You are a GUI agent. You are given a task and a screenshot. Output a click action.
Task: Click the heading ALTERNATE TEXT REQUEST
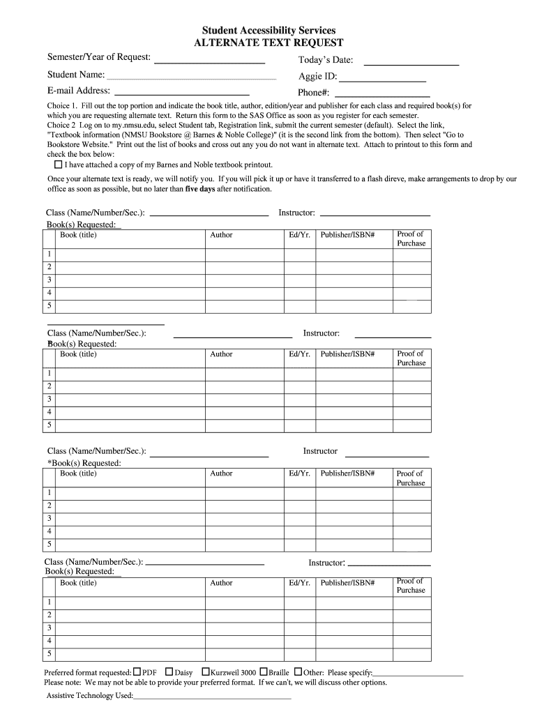coord(268,43)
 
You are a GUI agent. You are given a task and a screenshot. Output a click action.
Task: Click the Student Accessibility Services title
coord(268,31)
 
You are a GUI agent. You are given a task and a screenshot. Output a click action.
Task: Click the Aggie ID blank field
coord(381,79)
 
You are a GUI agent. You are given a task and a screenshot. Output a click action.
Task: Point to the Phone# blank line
coord(382,94)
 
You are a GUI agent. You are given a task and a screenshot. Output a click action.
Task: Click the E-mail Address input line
coord(181,92)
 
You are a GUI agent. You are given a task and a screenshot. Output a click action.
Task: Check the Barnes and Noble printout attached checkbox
coord(58,165)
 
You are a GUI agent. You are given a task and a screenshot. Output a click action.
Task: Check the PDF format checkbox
coord(137,672)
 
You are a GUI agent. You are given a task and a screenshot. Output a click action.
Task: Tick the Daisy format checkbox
coord(169,672)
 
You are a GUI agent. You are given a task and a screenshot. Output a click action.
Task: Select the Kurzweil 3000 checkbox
coord(206,672)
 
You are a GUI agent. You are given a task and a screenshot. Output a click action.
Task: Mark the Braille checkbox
coord(264,672)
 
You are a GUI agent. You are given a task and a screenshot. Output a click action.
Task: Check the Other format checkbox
coord(298,672)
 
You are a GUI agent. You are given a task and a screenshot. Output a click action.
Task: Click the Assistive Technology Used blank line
coord(212,697)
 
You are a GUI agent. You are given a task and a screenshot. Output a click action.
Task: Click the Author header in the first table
coord(221,235)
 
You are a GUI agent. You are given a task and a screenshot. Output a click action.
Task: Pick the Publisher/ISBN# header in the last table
coord(347,583)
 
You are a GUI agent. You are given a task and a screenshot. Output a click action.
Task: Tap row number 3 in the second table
coord(49,400)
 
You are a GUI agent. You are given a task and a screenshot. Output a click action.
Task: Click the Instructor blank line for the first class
coord(374,215)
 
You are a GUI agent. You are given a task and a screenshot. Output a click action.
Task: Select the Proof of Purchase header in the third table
coord(410,478)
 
